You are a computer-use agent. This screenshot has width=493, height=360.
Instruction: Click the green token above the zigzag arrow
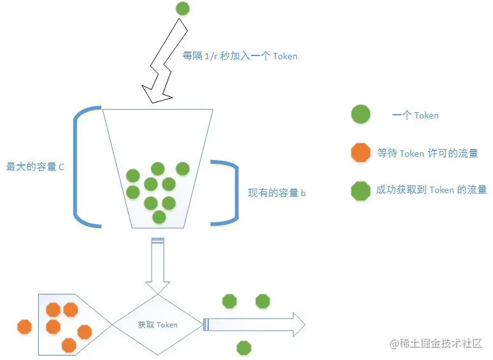pyautogui.click(x=183, y=8)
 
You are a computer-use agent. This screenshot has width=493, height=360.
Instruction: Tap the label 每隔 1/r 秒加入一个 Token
pyautogui.click(x=240, y=56)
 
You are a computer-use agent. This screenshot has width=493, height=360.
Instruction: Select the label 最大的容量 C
pyautogui.click(x=35, y=167)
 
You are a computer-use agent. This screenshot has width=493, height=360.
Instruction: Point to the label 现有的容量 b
pyautogui.click(x=276, y=192)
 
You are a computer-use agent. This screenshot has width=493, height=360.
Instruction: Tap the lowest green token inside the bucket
pyautogui.click(x=159, y=217)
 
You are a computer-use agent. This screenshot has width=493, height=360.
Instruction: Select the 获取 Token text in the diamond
pyautogui.click(x=157, y=325)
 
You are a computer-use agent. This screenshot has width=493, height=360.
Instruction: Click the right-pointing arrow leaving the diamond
pyautogui.click(x=254, y=324)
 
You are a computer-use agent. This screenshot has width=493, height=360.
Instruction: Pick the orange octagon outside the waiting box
pyautogui.click(x=25, y=326)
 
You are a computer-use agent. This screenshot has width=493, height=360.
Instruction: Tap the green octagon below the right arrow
pyautogui.click(x=244, y=348)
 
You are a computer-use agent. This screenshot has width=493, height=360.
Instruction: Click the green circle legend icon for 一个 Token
pyautogui.click(x=361, y=114)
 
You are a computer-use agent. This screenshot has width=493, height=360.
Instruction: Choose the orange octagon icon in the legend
pyautogui.click(x=361, y=152)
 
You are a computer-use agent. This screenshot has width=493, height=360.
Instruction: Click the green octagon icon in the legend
pyautogui.click(x=361, y=191)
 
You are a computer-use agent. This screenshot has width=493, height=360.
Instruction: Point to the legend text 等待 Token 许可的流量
pyautogui.click(x=427, y=154)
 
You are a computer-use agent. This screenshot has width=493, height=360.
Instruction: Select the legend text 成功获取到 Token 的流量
pyautogui.click(x=431, y=190)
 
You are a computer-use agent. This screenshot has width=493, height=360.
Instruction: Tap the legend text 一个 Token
pyautogui.click(x=415, y=115)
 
